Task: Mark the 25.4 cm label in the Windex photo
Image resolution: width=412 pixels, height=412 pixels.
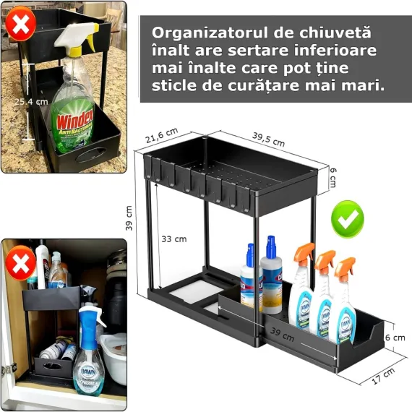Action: point(31,102)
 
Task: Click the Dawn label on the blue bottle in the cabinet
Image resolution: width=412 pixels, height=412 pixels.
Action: point(88,369)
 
